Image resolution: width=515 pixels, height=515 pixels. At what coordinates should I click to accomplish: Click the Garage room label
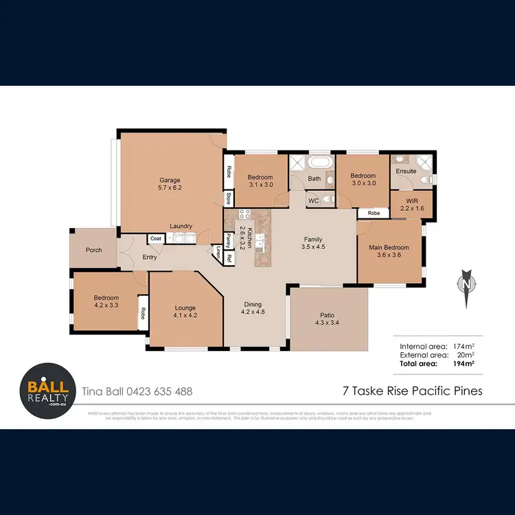point(170,184)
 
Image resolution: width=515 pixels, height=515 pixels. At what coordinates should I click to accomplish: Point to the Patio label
point(327,319)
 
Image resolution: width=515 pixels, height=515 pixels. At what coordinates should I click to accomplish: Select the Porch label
point(93,250)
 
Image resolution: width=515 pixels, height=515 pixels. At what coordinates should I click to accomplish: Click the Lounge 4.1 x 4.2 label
point(185,312)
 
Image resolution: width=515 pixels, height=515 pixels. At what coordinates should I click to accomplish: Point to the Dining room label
point(253,308)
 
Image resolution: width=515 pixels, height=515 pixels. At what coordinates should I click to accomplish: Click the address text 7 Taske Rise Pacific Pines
point(412,391)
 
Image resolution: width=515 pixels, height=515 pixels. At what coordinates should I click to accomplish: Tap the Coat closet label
point(156,239)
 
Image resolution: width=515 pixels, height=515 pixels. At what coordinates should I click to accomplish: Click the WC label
point(312,201)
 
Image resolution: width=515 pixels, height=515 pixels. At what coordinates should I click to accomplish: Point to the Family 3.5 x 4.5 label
point(313,243)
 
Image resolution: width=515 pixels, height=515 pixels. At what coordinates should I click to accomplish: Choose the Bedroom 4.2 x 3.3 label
point(106,301)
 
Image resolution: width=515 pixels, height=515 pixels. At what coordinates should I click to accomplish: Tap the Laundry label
point(181,226)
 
